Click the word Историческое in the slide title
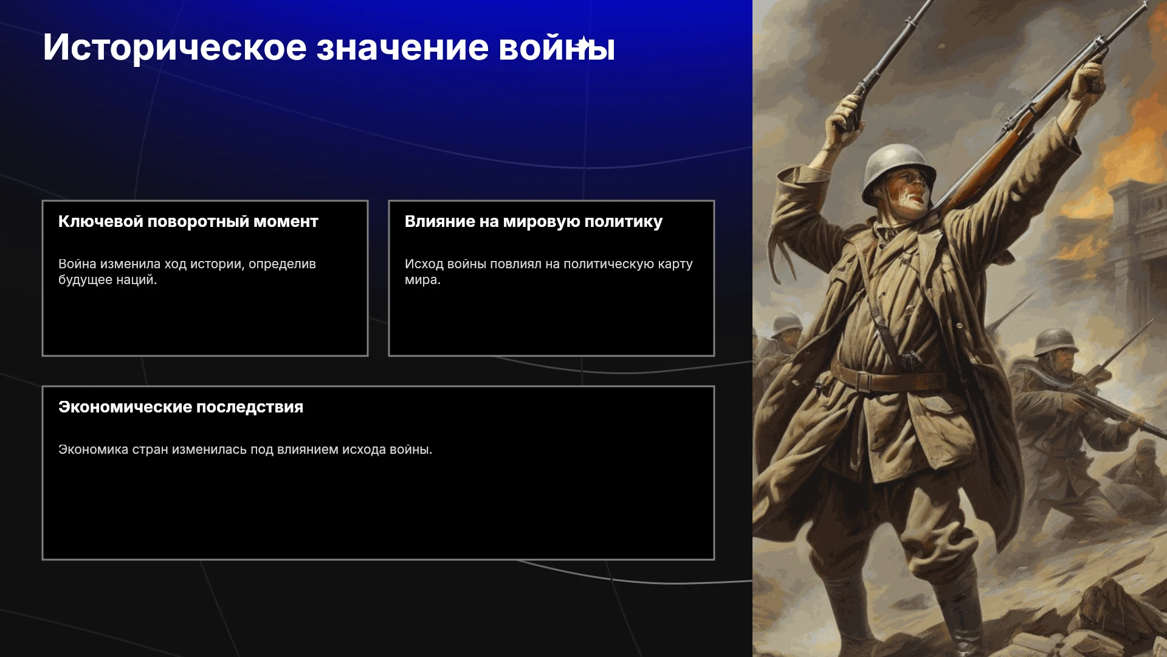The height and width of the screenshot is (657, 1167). tap(175, 48)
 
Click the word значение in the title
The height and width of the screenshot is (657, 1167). tap(402, 48)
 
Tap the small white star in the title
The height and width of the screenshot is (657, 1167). tap(583, 43)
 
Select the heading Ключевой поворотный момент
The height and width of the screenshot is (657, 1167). tap(188, 221)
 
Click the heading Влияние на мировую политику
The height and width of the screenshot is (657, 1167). tap(534, 222)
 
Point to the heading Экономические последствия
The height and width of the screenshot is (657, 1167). tap(181, 407)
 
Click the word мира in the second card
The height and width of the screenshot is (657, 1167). tap(421, 280)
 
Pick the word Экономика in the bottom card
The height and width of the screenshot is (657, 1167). tap(93, 450)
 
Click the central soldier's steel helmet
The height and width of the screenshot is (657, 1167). tap(898, 170)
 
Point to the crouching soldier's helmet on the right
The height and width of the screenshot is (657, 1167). tap(1055, 342)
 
